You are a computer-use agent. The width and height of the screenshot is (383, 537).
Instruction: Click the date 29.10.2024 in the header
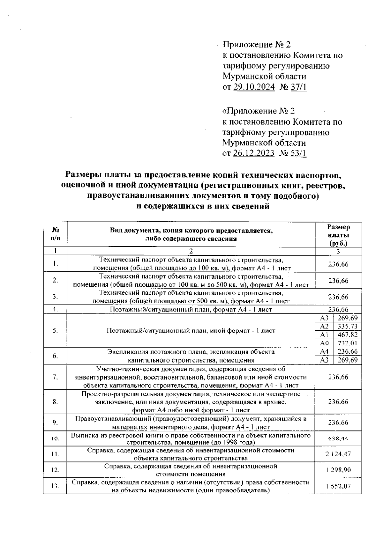pos(254,87)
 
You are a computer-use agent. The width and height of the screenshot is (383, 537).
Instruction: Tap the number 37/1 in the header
pos(299,87)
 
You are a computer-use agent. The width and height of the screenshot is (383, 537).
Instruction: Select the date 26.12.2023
pos(254,153)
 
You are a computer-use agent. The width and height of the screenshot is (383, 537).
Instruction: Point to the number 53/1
pos(299,153)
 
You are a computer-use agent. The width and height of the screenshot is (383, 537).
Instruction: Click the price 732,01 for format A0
pos(348,343)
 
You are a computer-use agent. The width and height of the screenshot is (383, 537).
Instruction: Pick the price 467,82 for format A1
pos(348,335)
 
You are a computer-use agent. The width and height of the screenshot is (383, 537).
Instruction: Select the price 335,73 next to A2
pos(348,326)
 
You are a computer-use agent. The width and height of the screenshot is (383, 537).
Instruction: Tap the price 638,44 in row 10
pos(338,439)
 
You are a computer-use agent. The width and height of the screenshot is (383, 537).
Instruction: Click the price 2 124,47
pos(338,454)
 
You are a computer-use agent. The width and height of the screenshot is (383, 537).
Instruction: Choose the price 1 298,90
pos(338,470)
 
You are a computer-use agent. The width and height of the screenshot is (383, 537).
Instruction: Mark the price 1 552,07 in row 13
pos(338,486)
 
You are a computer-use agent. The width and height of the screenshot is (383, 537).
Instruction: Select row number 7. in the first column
pos(55,377)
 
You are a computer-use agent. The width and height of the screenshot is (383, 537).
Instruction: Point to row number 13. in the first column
pos(55,486)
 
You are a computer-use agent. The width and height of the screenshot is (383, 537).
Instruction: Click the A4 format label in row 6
pos(324,351)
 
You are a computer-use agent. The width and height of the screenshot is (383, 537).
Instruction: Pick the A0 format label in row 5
pos(324,343)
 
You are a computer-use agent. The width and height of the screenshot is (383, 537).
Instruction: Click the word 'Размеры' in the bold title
pos(84,175)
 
